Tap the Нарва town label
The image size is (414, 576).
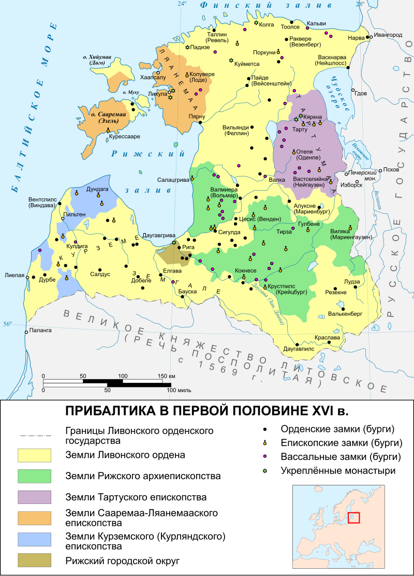click(356, 38)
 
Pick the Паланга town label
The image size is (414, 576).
click(40, 330)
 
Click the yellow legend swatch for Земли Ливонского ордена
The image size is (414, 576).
click(34, 455)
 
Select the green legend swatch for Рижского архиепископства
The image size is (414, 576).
click(34, 476)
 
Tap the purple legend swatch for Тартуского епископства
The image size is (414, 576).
click(34, 497)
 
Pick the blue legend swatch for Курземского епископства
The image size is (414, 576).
click(34, 539)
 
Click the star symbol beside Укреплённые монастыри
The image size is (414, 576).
click(265, 471)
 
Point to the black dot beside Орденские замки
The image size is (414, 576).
click(265, 429)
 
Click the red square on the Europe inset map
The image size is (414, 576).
click(353, 517)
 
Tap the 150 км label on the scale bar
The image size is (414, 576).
click(166, 376)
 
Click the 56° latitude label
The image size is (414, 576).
click(7, 324)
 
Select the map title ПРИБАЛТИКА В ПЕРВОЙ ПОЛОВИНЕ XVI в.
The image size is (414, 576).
click(206, 411)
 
